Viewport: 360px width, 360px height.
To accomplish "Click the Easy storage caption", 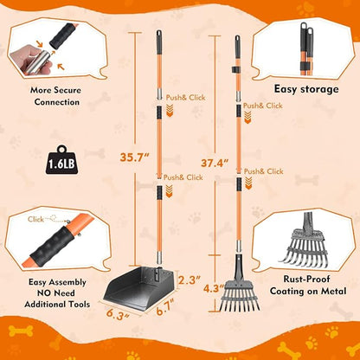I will click(x=305, y=88).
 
